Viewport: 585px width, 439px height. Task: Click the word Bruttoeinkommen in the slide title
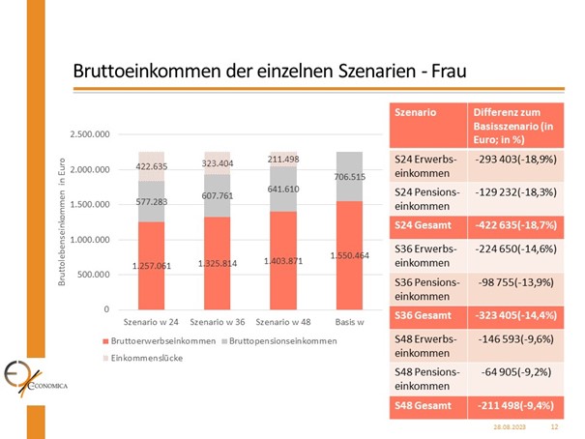[135, 73]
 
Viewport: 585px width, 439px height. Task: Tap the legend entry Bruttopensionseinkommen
[280, 341]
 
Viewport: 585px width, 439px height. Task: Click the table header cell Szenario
[417, 113]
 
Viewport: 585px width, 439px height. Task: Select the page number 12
[555, 425]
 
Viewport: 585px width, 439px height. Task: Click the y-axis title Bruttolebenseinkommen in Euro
[64, 223]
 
